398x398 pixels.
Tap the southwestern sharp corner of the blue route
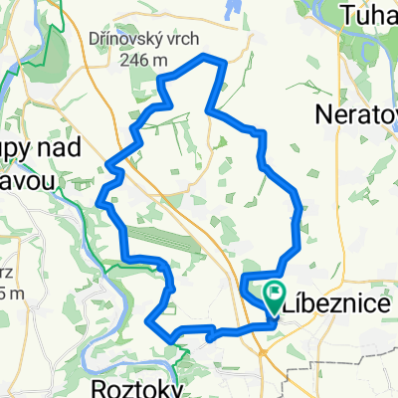tap(149, 321)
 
